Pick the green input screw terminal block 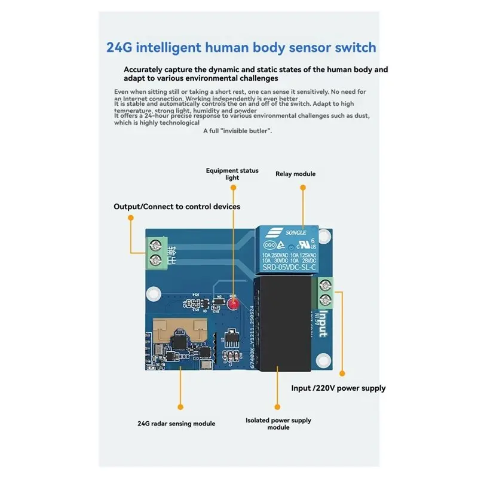pos(326,292)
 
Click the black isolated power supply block pos(282,326)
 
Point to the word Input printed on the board pos(323,323)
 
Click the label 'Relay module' pos(295,174)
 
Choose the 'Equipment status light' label pos(232,174)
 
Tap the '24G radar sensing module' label pos(176,424)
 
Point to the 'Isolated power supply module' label pos(278,424)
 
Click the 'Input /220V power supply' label pos(338,388)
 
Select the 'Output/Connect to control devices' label pos(177,207)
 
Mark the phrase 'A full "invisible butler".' pos(237,131)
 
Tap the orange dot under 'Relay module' pos(303,187)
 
